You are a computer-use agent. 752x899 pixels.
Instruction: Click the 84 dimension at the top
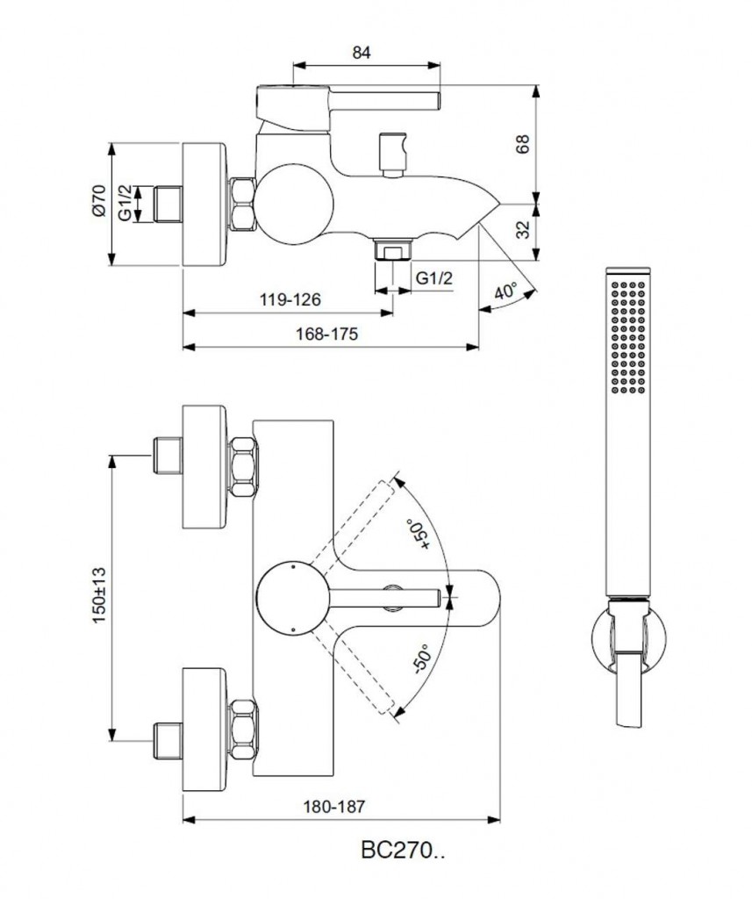[361, 53]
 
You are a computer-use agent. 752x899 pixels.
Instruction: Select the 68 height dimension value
[523, 144]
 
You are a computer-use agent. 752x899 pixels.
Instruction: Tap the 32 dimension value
[523, 230]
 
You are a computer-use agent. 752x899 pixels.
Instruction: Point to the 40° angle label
[505, 293]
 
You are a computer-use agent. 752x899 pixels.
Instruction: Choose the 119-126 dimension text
[290, 299]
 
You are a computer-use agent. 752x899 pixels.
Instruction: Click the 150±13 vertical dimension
[97, 594]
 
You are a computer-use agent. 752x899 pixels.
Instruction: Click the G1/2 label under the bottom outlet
[434, 278]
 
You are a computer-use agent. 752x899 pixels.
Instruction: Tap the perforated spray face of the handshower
[629, 334]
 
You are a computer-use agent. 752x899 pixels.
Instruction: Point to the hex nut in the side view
[243, 204]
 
